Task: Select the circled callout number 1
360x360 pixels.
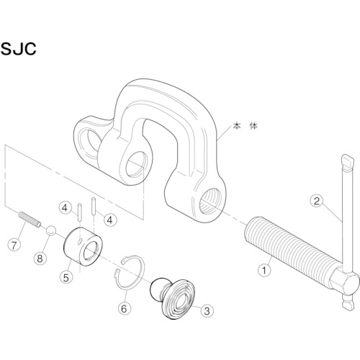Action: [x=264, y=271]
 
